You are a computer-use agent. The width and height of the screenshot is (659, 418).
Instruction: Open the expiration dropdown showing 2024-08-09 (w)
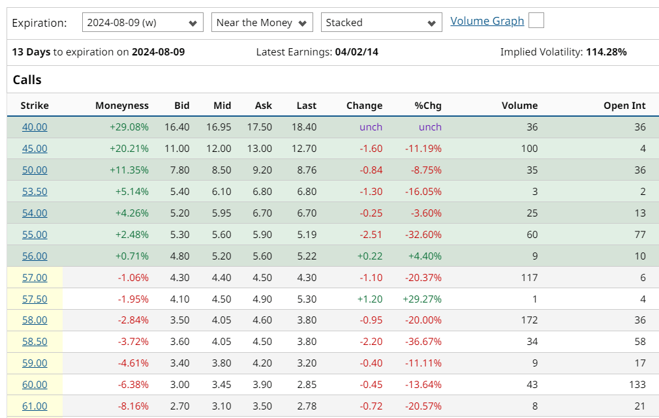point(142,23)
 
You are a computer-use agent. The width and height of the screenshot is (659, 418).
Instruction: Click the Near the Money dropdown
point(262,23)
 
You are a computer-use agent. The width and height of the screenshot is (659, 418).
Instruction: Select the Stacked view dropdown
point(381,23)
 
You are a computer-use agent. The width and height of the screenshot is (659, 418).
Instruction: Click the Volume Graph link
point(487,21)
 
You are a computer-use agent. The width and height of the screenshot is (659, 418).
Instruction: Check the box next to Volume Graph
point(536,21)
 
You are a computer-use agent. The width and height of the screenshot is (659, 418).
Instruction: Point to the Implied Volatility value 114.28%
point(606,52)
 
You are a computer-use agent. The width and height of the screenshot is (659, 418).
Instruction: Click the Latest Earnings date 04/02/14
point(356,52)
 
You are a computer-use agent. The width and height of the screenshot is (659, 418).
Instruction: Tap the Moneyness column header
point(121,106)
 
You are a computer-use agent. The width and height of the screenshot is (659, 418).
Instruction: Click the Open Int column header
point(624,106)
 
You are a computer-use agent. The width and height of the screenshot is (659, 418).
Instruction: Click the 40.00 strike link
point(35,127)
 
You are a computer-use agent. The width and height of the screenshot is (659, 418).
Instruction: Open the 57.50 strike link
point(35,299)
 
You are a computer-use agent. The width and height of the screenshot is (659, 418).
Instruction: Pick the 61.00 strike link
point(35,406)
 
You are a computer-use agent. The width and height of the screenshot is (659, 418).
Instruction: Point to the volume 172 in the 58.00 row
point(529,320)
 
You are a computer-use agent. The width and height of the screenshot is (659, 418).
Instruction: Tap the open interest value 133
point(637,385)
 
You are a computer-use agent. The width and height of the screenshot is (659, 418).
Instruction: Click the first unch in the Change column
point(371,127)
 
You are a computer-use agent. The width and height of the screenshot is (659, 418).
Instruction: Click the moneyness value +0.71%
point(132,256)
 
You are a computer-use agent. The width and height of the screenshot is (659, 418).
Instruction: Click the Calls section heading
point(27,80)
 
